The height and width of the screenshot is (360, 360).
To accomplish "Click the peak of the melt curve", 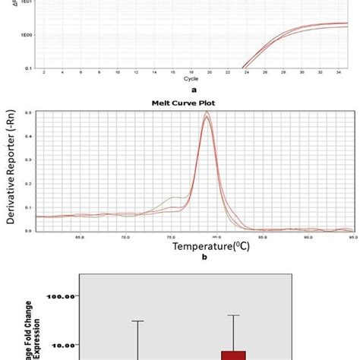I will tap(206, 113).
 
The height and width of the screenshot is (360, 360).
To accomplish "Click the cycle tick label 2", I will tap(44, 71).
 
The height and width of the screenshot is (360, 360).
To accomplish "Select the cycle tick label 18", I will tap(191, 71).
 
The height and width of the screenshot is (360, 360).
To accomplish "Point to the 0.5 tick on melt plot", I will tap(29, 112).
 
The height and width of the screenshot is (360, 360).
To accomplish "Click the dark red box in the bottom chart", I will tap(233, 355).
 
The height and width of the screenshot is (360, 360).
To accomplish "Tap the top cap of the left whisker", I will tap(137, 321).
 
